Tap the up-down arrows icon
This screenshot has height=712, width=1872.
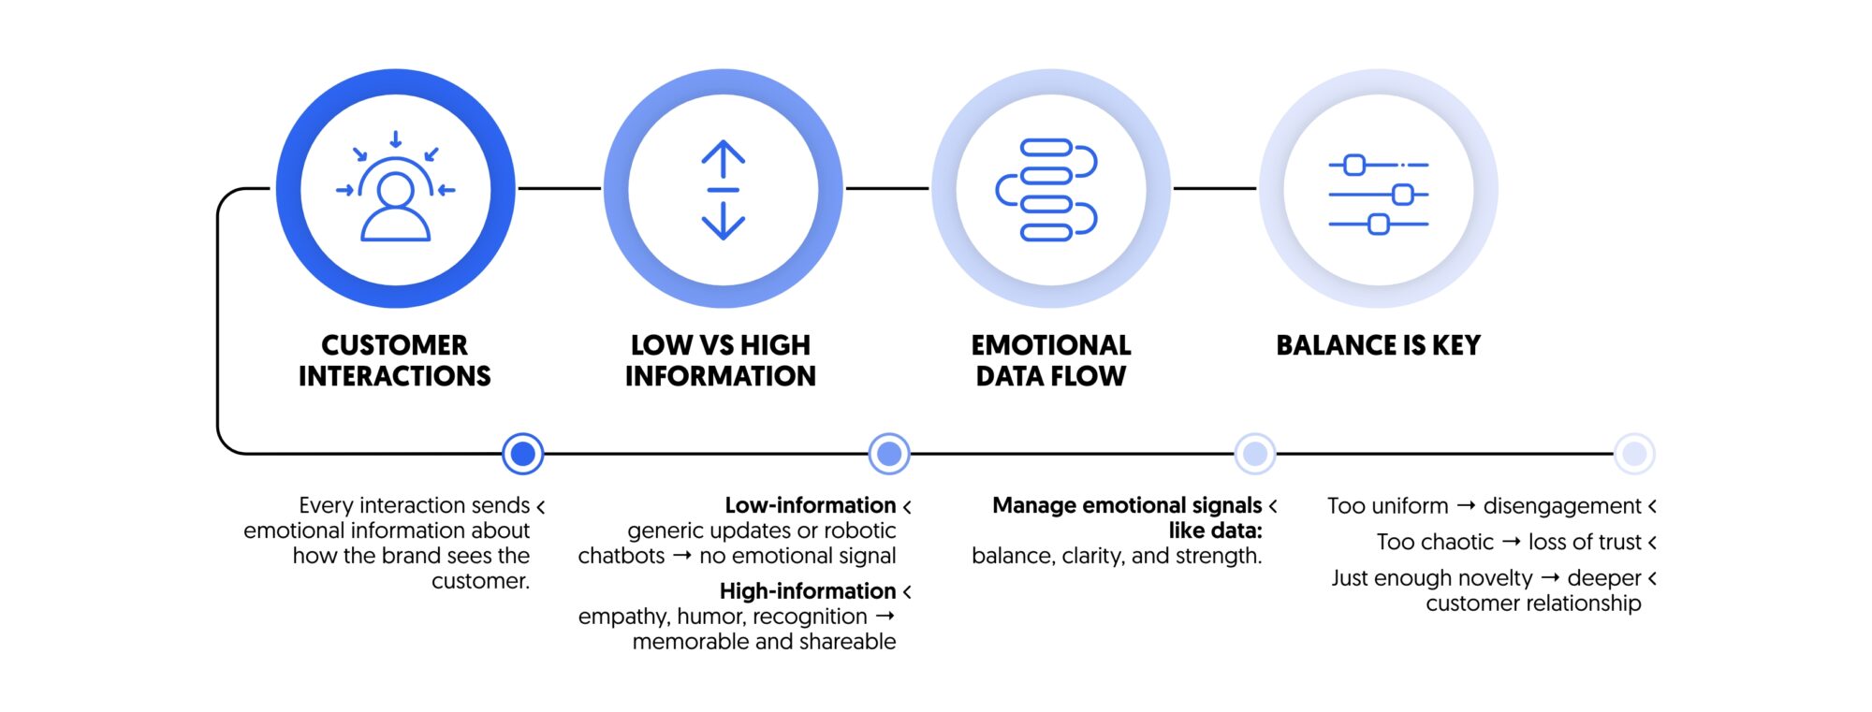tap(724, 190)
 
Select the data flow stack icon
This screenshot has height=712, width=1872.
tap(1047, 190)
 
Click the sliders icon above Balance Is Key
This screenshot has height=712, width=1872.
tap(1379, 194)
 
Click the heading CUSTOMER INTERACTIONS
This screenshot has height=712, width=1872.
tap(394, 360)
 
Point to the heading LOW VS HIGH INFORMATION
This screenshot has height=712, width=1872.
tap(721, 360)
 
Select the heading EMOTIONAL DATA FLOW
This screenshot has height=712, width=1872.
tap(1051, 360)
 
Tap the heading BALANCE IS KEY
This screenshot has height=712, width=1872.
tap(1378, 345)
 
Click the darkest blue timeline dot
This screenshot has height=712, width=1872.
tap(523, 454)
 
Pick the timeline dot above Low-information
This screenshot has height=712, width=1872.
tap(889, 454)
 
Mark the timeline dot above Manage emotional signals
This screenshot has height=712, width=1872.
tap(1255, 454)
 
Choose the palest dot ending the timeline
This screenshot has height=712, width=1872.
tap(1634, 454)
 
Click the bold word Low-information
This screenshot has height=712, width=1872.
tap(810, 505)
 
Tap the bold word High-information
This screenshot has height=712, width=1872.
tap(807, 591)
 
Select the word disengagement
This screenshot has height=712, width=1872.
tap(1561, 506)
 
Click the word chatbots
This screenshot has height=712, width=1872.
tap(621, 556)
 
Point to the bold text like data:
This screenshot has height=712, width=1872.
tap(1215, 530)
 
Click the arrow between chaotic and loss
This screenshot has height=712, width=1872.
tap(1511, 542)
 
